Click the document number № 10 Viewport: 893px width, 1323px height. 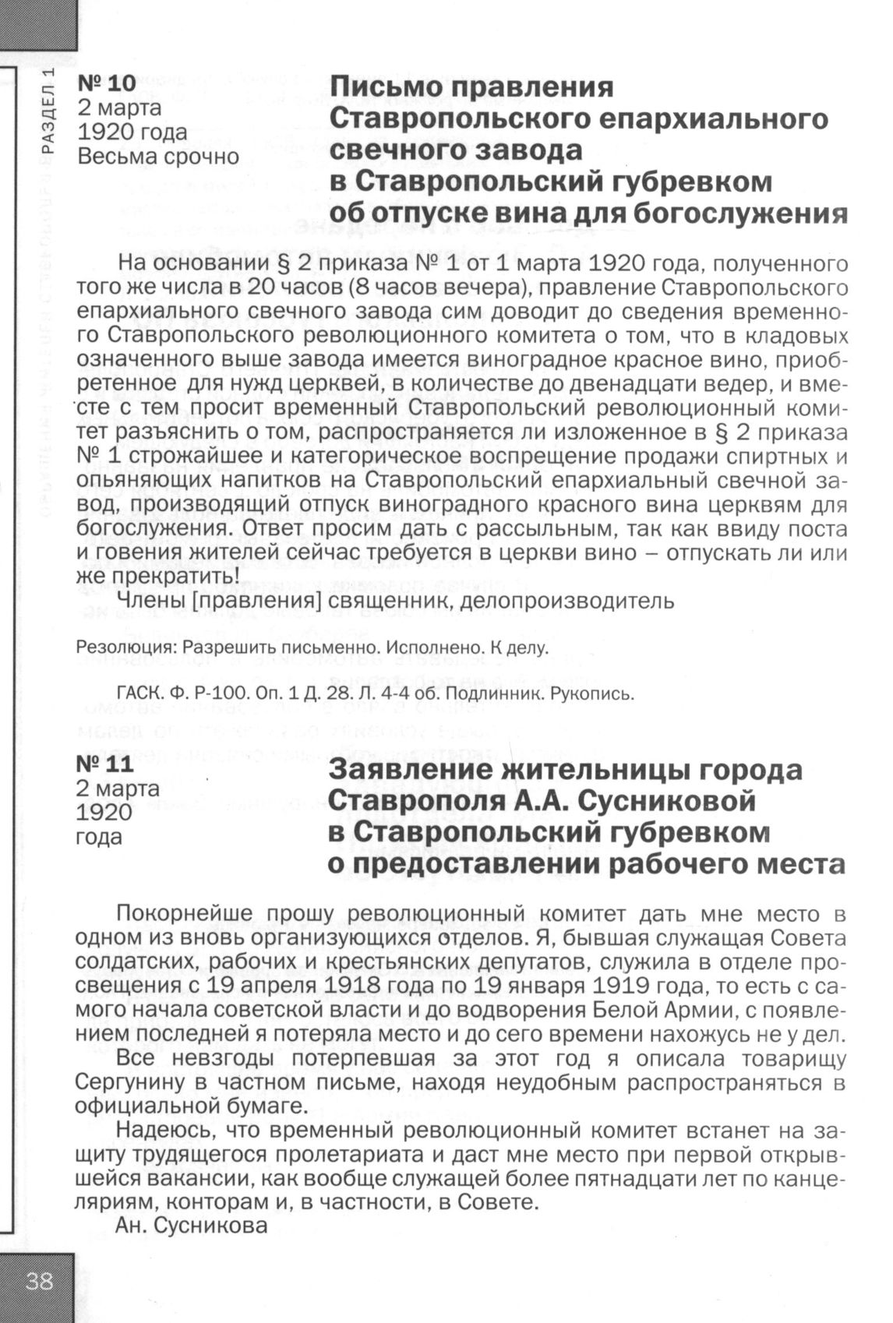point(106,83)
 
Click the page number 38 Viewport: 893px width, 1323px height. point(38,1282)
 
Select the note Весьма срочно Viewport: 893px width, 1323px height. point(158,156)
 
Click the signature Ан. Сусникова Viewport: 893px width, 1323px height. point(191,1226)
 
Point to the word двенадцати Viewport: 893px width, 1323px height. point(597,385)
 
